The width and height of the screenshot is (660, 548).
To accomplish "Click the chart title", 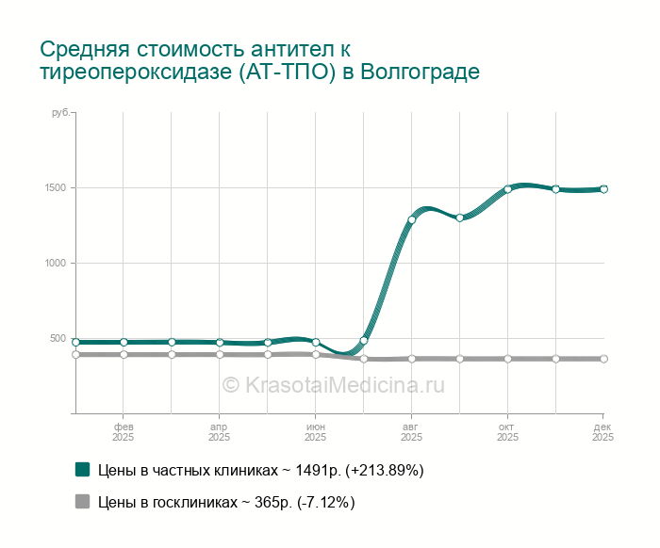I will pyautogui.click(x=259, y=60).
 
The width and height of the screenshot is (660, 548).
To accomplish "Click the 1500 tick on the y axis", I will pyautogui.click(x=56, y=187).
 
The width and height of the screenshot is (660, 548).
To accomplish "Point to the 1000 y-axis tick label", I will pyautogui.click(x=56, y=263).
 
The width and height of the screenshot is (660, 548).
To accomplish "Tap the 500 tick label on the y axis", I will pyautogui.click(x=58, y=339).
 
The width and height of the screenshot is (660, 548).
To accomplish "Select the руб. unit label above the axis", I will pyautogui.click(x=59, y=113).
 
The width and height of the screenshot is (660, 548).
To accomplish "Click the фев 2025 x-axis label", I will pyautogui.click(x=124, y=431).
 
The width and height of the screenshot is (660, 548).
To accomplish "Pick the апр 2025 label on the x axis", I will pyautogui.click(x=220, y=431).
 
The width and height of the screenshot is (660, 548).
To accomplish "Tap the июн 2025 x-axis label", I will pyautogui.click(x=315, y=431).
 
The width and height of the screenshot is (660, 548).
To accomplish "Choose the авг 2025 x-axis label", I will pyautogui.click(x=411, y=431).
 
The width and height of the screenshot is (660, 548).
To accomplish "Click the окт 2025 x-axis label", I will pyautogui.click(x=507, y=431).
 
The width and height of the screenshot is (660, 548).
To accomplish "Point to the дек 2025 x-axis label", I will pyautogui.click(x=603, y=431).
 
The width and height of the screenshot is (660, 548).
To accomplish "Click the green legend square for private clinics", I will pyautogui.click(x=83, y=469).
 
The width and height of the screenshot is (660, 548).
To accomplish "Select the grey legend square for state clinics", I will pyautogui.click(x=83, y=502).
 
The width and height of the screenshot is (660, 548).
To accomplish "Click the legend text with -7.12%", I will pyautogui.click(x=226, y=503).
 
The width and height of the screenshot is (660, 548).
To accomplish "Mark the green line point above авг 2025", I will pyautogui.click(x=411, y=219).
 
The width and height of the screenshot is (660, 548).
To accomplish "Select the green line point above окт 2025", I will pyautogui.click(x=507, y=189).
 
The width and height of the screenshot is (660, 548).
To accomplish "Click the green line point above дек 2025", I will pyautogui.click(x=603, y=188).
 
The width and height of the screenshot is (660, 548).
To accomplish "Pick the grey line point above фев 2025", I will pyautogui.click(x=124, y=355).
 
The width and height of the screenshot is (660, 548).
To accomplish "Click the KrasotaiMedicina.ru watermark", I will pyautogui.click(x=333, y=384).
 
